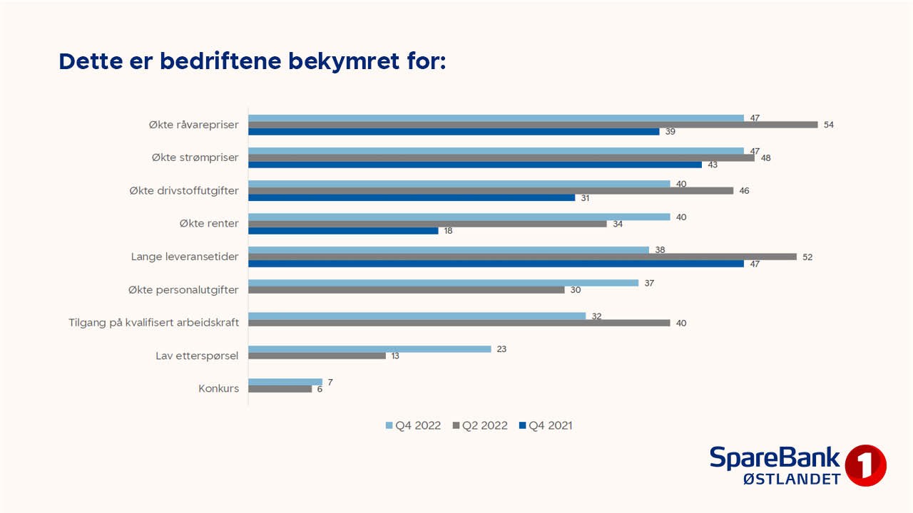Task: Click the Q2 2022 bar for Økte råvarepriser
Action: point(532,125)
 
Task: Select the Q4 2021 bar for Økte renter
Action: point(343,231)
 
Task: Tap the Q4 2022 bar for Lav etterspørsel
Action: point(369,349)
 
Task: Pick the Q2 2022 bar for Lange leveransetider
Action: point(522,256)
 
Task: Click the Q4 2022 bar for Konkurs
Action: point(285,382)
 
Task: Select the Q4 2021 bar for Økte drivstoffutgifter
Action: point(412,197)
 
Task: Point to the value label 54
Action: point(828,125)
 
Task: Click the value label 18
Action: point(448,231)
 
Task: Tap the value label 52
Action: point(807,256)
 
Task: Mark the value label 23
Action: point(501,349)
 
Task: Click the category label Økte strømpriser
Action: point(195,157)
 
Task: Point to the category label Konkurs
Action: point(218,388)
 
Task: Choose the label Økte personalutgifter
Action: point(184,289)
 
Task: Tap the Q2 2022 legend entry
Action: point(480,425)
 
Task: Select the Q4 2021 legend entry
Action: point(546,425)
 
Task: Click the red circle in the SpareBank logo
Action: point(865,466)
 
